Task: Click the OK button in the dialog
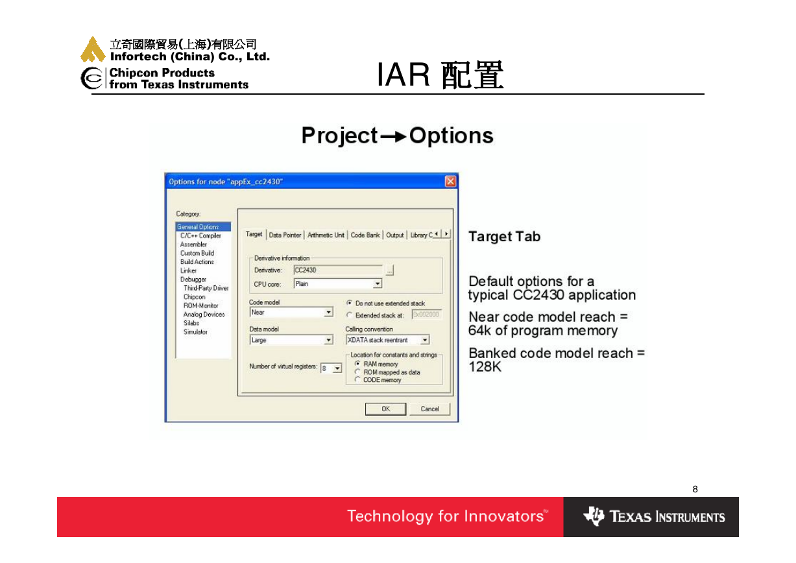click(385, 409)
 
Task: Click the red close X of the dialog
click(450, 182)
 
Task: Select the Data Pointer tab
click(285, 235)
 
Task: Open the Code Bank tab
click(365, 235)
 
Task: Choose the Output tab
click(395, 235)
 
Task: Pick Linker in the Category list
click(188, 270)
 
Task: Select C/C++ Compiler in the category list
click(200, 235)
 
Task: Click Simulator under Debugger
click(195, 331)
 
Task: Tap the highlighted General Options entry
click(203, 226)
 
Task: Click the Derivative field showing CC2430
click(338, 270)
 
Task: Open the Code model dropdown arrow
click(329, 312)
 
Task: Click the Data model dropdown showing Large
click(291, 340)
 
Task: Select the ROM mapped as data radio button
click(357, 372)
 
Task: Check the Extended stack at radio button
click(349, 315)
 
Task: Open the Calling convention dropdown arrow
click(425, 340)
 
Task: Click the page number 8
click(695, 489)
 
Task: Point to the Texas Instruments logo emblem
click(594, 516)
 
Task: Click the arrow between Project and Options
click(393, 136)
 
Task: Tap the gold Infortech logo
click(93, 49)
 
